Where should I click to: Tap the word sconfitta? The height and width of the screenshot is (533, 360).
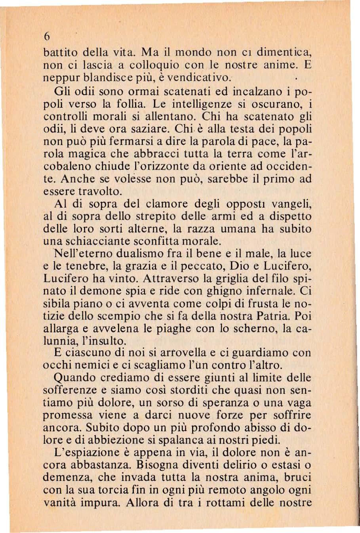coord(184,241)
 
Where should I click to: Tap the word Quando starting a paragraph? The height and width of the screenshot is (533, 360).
coord(74,378)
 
